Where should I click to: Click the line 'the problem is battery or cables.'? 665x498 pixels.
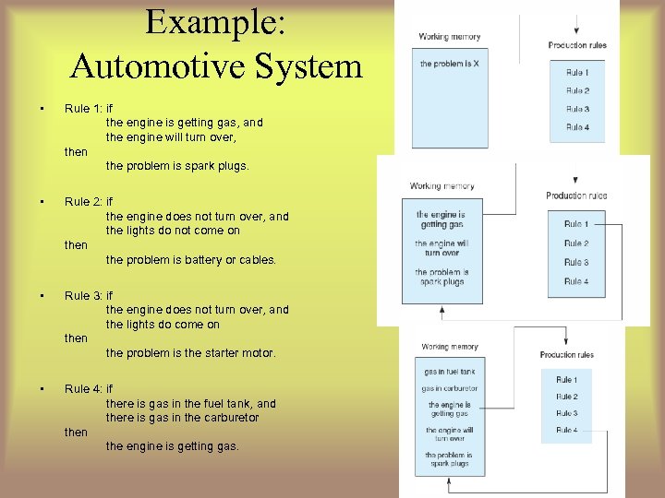190,260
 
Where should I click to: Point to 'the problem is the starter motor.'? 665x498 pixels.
190,353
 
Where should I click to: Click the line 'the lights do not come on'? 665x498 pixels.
172,231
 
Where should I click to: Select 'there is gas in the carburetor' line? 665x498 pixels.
182,418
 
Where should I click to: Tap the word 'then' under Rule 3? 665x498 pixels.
76,338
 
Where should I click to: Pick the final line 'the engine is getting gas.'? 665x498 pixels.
172,446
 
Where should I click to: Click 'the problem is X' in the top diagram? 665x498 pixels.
449,65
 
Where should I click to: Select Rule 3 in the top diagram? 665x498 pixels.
577,109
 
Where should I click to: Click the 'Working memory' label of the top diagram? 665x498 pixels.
449,37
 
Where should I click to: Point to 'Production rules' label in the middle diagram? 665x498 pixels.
576,196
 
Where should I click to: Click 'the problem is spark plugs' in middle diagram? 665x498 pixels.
441,277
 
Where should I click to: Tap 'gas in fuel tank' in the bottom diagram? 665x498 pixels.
449,372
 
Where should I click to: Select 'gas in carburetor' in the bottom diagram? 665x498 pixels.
449,388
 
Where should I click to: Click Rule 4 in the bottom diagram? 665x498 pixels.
566,430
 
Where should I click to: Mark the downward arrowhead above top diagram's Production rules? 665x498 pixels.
576,30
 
